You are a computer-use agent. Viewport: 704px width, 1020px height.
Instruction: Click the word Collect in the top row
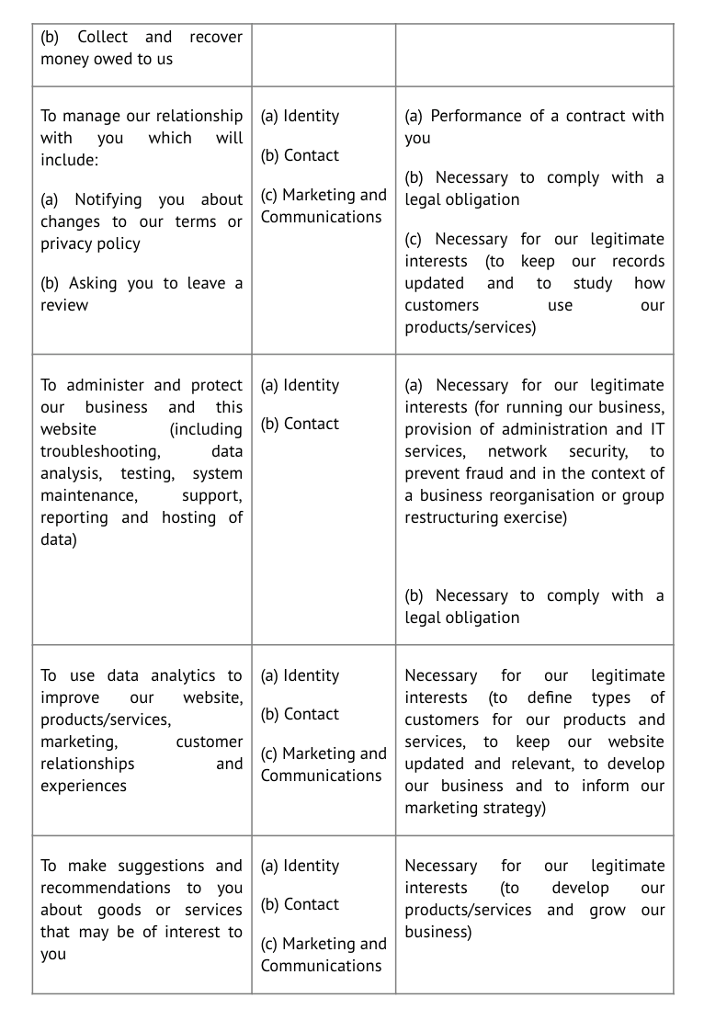click(102, 37)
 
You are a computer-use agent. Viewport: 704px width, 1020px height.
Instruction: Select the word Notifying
click(108, 199)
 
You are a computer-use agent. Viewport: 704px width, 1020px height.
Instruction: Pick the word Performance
click(475, 116)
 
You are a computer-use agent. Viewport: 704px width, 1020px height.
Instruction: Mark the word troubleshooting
click(99, 451)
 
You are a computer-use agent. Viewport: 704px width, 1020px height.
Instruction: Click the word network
click(517, 451)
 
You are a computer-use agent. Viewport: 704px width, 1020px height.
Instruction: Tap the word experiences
click(84, 786)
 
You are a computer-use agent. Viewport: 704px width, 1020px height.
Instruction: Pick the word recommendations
click(106, 888)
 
